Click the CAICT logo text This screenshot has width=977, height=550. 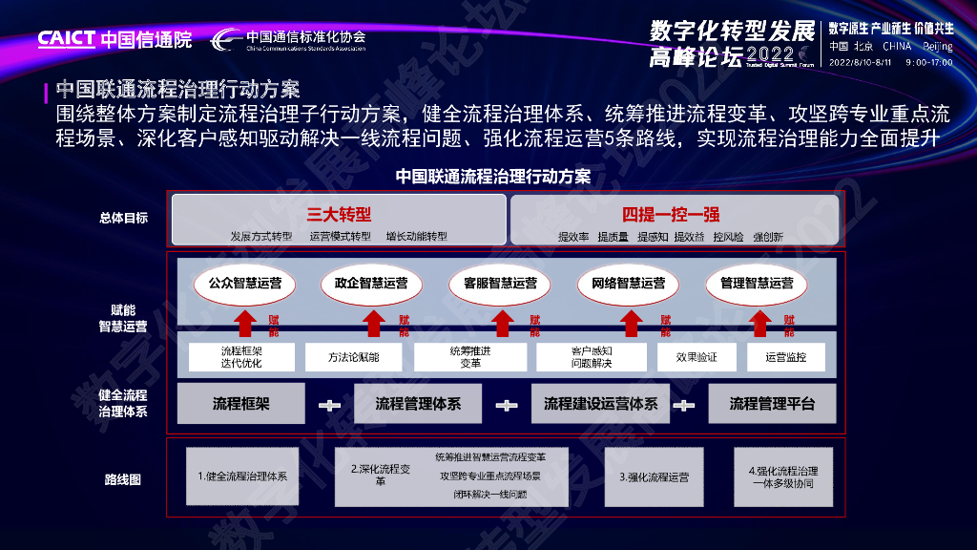pos(67,39)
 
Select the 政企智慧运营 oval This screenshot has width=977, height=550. pos(371,284)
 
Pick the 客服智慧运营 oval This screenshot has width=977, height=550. pos(500,284)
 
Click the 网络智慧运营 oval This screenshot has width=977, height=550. pos(628,284)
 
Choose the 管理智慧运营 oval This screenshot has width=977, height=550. pos(757,284)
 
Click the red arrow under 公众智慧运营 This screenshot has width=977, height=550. pos(244,323)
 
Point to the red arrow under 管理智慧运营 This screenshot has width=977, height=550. pos(759,323)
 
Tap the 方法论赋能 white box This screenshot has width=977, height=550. pos(354,357)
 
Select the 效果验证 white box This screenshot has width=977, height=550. pos(696,357)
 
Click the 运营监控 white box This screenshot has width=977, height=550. pos(786,357)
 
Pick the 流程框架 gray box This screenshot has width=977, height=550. pos(241,404)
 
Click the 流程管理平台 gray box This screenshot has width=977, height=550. pos(772,404)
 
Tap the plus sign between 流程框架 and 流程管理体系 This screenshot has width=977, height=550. pos(329,405)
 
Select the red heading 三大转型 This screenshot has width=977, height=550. pos(339,214)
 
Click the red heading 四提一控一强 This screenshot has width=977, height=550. pos(671,214)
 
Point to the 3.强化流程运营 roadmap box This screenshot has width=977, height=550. pos(654,476)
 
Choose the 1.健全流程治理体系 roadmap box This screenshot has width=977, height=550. pos(242,476)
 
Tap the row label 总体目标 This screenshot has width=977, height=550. pos(123,218)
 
